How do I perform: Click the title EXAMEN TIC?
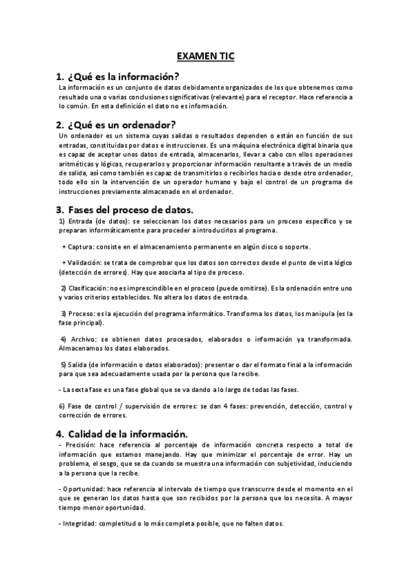click(205, 57)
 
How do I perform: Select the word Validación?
click(85, 262)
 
